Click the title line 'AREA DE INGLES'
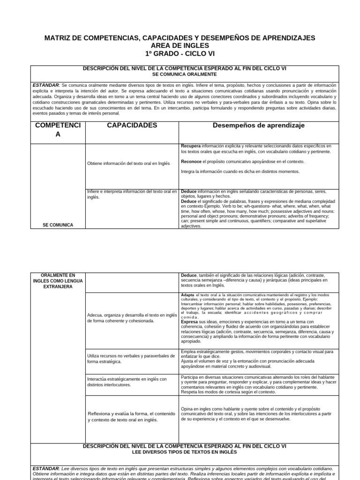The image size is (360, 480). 180,45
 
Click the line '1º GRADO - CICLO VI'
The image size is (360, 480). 180,53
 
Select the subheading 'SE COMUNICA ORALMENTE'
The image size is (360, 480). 185,75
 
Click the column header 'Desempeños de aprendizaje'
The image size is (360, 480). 259,126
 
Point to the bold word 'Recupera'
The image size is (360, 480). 191,146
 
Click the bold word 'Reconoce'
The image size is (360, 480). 191,161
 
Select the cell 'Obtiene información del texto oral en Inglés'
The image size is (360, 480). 128,164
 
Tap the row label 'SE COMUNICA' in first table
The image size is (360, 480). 58,225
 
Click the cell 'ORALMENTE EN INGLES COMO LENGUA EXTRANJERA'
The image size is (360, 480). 58,280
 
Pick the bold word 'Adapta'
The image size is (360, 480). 187,295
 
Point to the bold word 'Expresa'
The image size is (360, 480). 190,322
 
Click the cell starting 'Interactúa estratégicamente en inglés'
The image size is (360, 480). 127,382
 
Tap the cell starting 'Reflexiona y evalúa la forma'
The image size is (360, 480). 131,416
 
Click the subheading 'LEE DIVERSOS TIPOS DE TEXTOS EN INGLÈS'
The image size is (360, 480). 185,452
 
